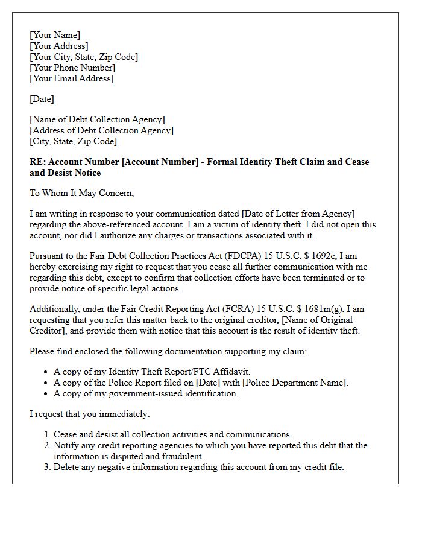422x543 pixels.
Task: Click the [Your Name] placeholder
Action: click(x=55, y=35)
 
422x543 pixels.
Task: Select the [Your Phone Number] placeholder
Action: click(x=72, y=68)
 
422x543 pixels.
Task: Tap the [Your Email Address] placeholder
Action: click(x=72, y=78)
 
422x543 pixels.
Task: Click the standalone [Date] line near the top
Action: click(x=42, y=99)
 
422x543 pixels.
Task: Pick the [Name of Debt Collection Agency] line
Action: click(x=97, y=119)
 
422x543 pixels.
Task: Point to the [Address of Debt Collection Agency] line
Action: click(x=101, y=130)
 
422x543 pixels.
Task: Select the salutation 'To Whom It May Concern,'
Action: click(x=81, y=193)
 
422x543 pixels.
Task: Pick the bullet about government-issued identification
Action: click(x=146, y=393)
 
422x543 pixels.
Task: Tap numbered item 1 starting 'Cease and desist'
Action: click(x=172, y=434)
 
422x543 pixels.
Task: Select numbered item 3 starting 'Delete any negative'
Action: click(x=198, y=467)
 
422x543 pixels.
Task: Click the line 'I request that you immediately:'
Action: click(x=90, y=414)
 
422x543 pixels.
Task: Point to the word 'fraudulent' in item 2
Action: click(x=181, y=456)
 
